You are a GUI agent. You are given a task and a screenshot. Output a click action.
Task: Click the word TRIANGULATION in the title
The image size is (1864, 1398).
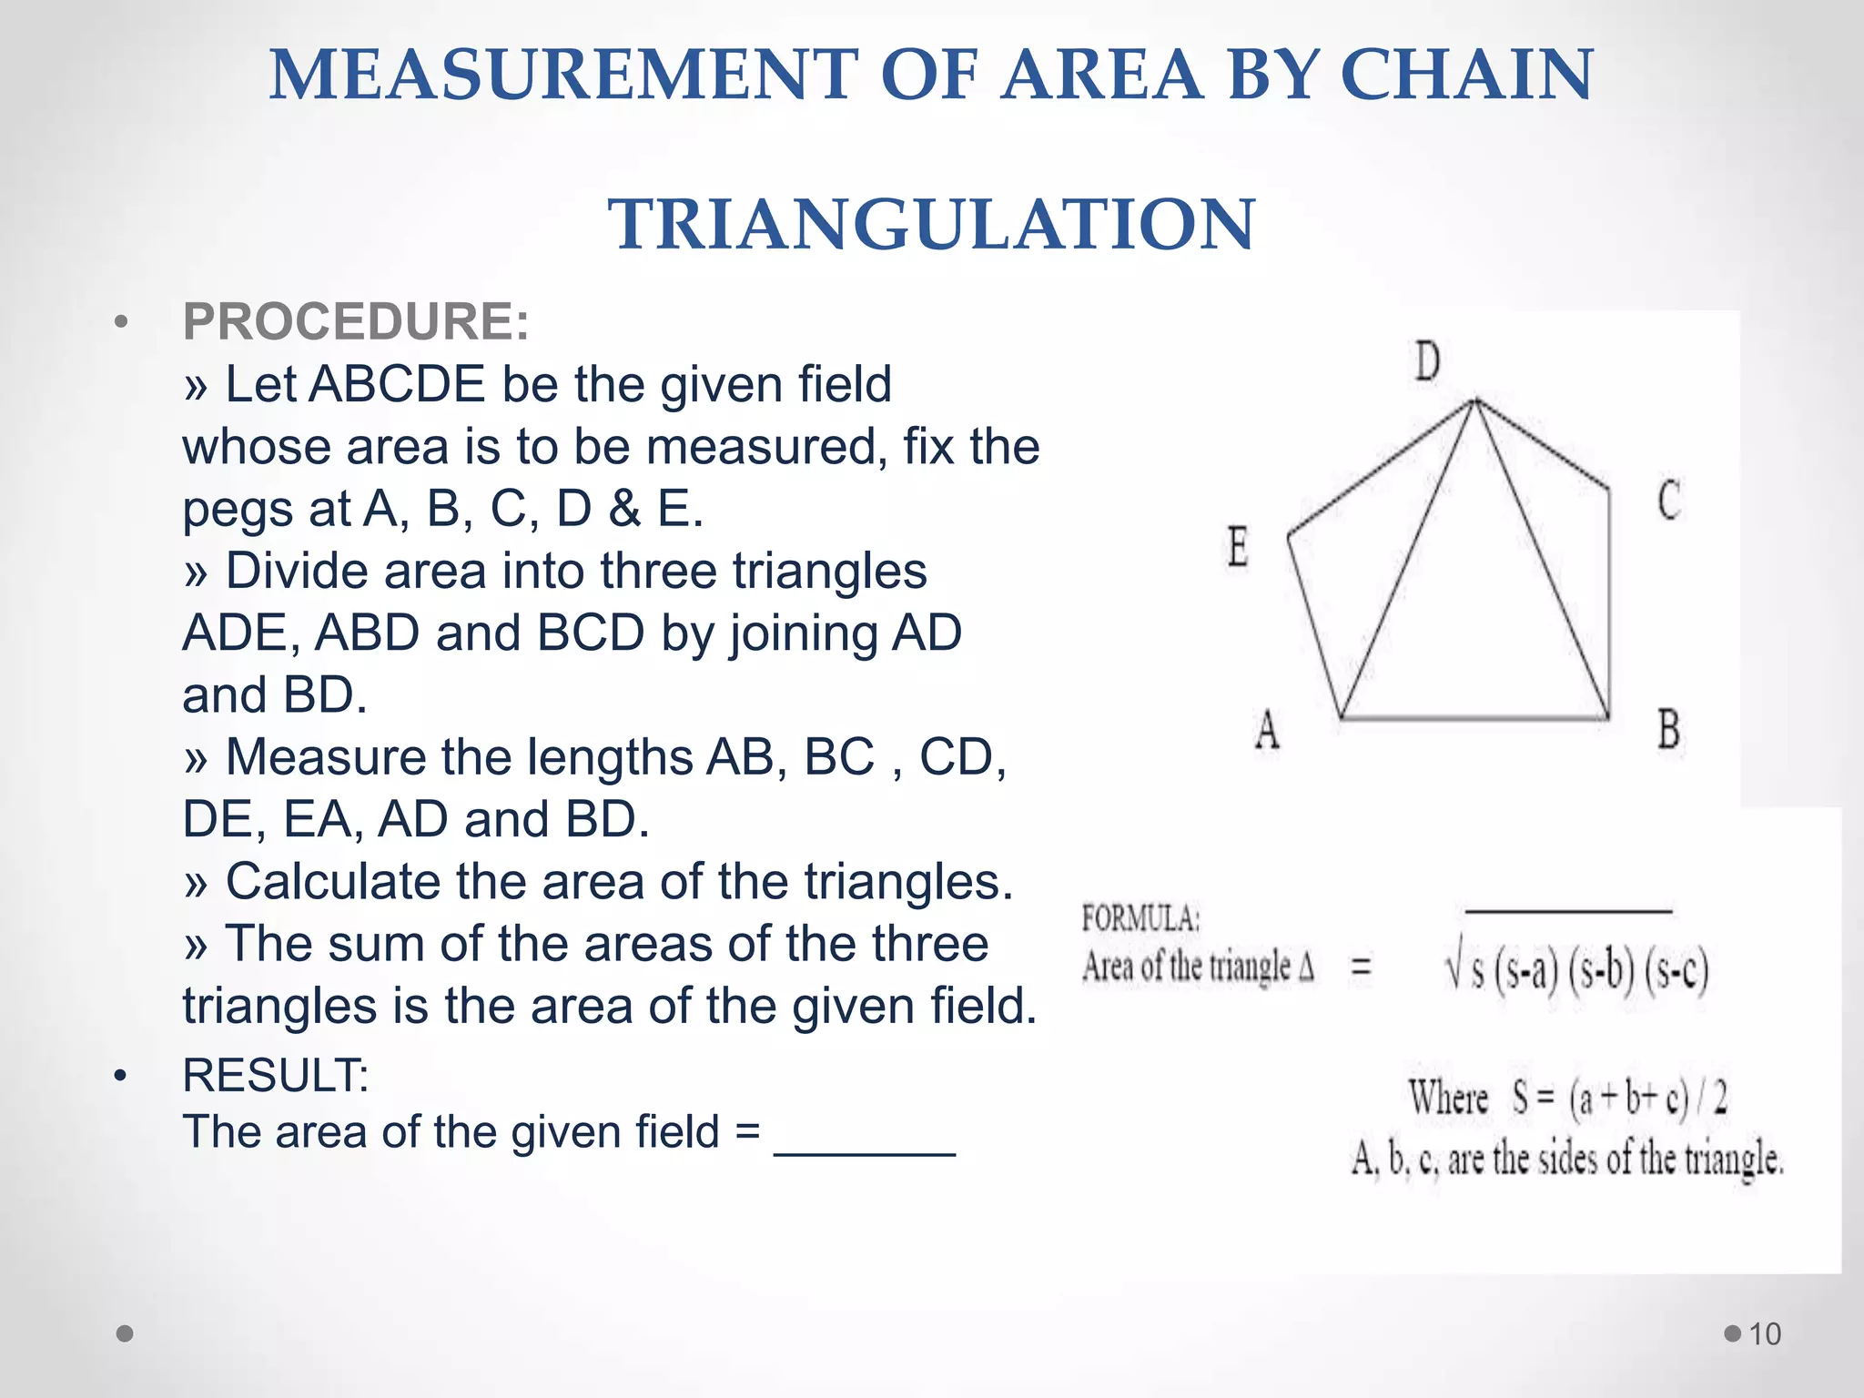(931, 224)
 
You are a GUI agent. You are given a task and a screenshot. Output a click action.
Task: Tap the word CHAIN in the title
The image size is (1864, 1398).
(1466, 75)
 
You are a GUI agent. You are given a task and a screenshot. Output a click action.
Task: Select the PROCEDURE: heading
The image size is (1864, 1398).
(356, 321)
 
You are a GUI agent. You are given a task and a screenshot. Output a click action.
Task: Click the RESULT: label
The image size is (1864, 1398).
(275, 1075)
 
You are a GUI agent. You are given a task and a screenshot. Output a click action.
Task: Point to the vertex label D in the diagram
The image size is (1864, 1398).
(1427, 361)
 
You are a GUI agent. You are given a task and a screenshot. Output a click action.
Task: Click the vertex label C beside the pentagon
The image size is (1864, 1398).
(1668, 500)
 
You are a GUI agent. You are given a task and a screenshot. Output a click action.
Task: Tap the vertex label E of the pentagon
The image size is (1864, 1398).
(1237, 547)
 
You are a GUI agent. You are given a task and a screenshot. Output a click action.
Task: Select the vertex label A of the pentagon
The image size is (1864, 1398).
(1266, 730)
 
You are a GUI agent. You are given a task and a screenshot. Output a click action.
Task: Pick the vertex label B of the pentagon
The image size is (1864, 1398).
(1668, 730)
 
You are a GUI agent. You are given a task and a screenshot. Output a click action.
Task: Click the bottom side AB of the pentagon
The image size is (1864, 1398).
(1474, 718)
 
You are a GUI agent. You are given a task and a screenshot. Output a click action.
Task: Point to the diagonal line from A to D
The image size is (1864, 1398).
(1406, 560)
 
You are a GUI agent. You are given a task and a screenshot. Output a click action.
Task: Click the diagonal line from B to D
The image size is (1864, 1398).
(1543, 560)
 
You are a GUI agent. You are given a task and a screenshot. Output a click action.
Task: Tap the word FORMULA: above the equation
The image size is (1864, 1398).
(1140, 918)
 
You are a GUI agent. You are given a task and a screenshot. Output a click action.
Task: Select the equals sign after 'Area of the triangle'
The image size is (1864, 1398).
(1361, 967)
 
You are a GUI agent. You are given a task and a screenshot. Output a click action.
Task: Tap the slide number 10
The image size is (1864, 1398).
(1765, 1334)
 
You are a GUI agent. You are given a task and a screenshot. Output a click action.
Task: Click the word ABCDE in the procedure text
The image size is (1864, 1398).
(397, 384)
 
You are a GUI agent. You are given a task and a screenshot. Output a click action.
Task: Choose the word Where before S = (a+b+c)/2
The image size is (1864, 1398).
(1448, 1098)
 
